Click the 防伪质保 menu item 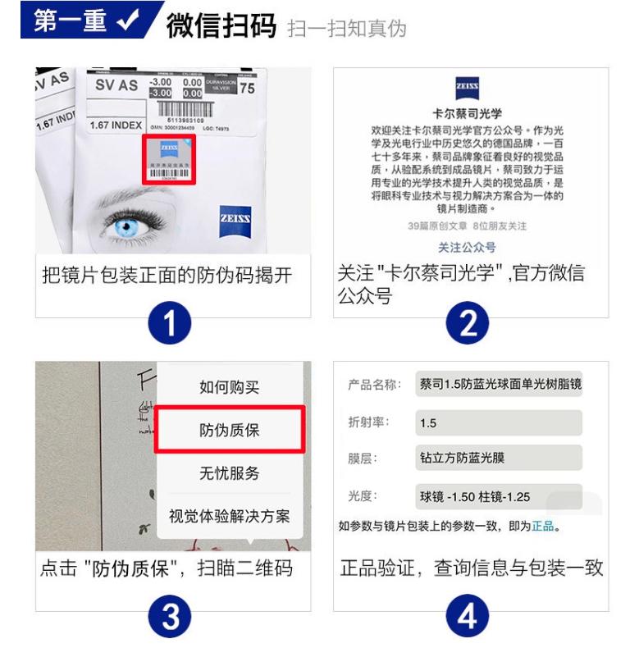(x=230, y=429)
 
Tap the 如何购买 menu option (x=230, y=386)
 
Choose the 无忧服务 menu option (x=230, y=473)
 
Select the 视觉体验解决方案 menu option (x=230, y=517)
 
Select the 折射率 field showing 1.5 (x=499, y=423)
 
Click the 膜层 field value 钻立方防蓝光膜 (x=499, y=458)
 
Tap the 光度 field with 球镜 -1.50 (x=499, y=496)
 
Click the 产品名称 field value (x=499, y=384)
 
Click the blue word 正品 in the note (x=542, y=526)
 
